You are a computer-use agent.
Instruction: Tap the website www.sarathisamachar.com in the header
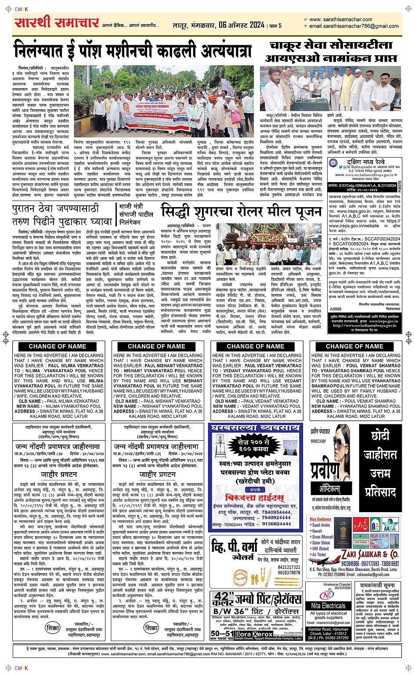(341, 19)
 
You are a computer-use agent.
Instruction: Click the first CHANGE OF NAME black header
(58, 346)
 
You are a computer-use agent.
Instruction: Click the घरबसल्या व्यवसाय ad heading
(255, 428)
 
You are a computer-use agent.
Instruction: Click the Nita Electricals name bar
(328, 606)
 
